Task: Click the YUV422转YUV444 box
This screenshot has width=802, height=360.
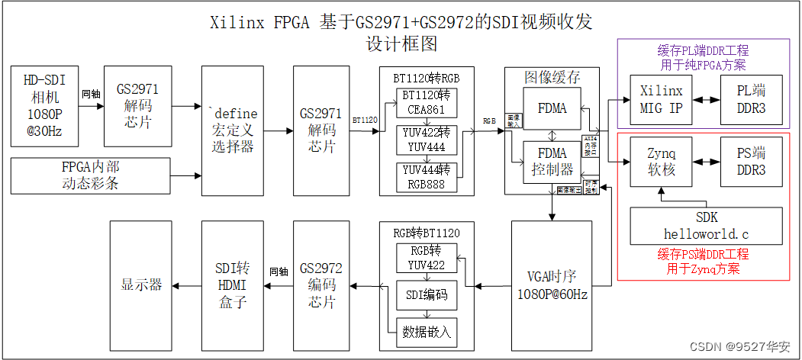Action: [x=427, y=140]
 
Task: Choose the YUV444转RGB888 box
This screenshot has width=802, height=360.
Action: [x=427, y=176]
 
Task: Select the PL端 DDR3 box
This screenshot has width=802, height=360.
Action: [x=751, y=100]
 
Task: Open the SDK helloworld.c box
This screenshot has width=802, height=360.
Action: [x=707, y=225]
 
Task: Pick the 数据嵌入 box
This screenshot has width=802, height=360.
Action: [x=427, y=331]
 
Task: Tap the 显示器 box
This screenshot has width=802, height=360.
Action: [x=141, y=286]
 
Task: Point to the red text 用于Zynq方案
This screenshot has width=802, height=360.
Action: [x=703, y=268]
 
